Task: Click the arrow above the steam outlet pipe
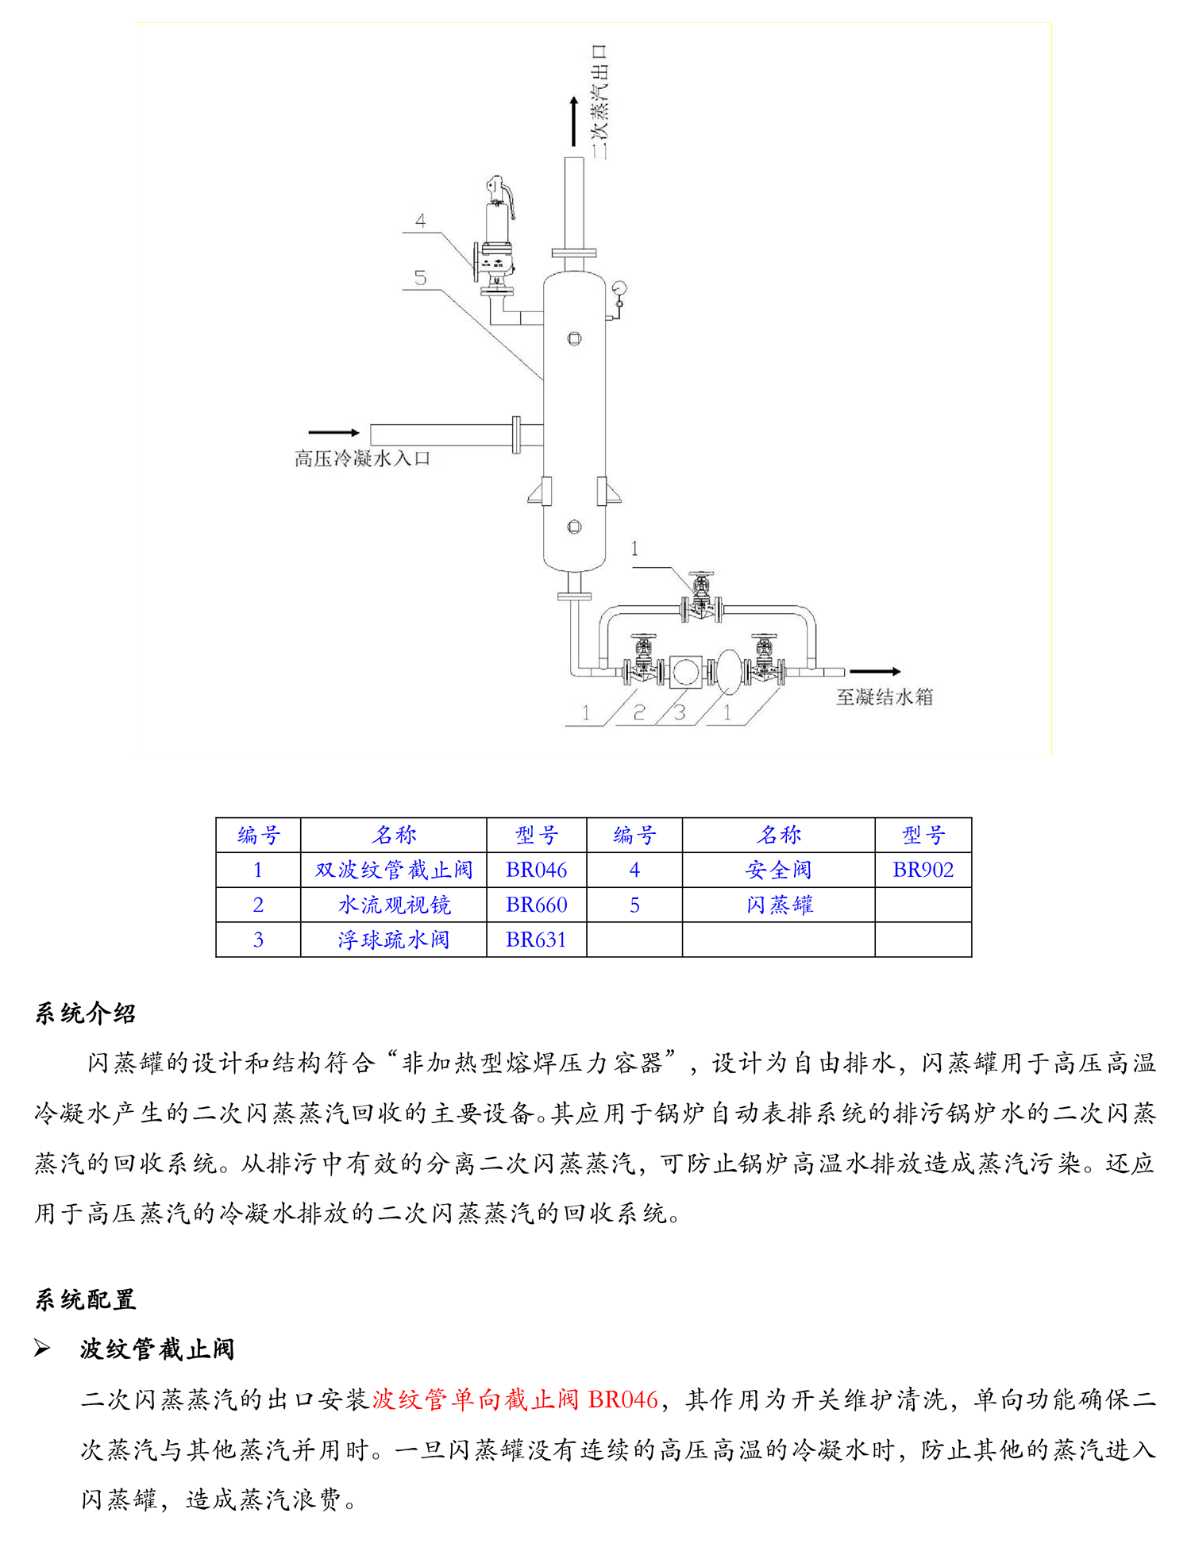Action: coord(574,121)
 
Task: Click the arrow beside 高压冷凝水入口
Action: coord(334,432)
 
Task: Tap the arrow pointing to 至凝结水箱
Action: coord(875,671)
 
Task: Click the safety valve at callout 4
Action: coord(496,234)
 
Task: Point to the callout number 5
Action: coord(420,277)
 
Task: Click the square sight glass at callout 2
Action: coord(684,672)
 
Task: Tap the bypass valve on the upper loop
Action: coord(701,597)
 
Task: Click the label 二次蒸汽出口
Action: coord(599,102)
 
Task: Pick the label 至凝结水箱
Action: coord(884,697)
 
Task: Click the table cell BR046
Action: coord(536,870)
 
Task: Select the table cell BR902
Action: coord(923,870)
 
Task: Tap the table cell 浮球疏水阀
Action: coord(393,940)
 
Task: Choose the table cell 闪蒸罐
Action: coord(779,905)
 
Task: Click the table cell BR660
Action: coord(536,905)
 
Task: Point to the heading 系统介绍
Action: coord(85,1013)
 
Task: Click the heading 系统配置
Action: coord(85,1299)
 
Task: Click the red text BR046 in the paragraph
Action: coord(623,1399)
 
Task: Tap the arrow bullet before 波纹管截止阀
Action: coord(43,1348)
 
